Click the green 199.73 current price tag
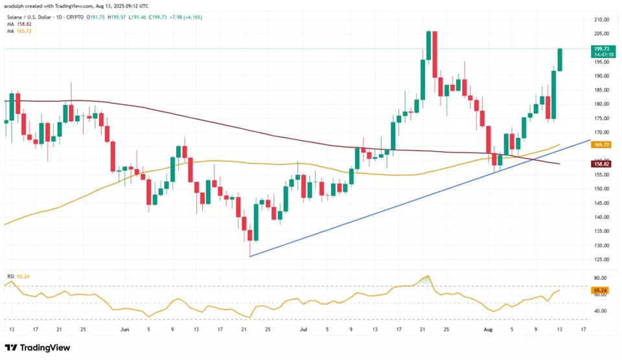coord(603,52)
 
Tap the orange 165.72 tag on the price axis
coord(601,145)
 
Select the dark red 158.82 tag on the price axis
coord(601,164)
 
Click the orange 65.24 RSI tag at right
coord(601,291)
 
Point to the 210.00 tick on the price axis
coord(601,19)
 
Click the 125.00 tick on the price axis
coord(601,259)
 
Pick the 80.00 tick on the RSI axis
coord(600,278)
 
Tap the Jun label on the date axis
coord(124,330)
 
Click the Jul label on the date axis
coord(303,330)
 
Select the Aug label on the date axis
coord(488,330)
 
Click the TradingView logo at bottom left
coord(38,348)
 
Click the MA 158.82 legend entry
coord(19,24)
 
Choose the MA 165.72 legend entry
coord(19,31)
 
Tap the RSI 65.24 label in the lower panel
coord(18,276)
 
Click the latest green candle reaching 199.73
coord(560,60)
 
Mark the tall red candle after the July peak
coord(435,54)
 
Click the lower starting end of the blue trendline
coord(250,256)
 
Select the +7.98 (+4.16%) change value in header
coord(185,17)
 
